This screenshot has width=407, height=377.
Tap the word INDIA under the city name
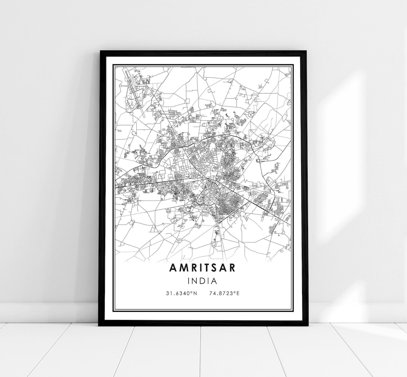(x=203, y=281)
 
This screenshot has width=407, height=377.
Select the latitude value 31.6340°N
(x=181, y=293)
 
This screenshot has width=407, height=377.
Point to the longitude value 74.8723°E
(x=225, y=293)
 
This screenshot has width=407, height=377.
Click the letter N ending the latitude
(x=195, y=293)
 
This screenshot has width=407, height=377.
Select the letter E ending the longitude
(x=238, y=293)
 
